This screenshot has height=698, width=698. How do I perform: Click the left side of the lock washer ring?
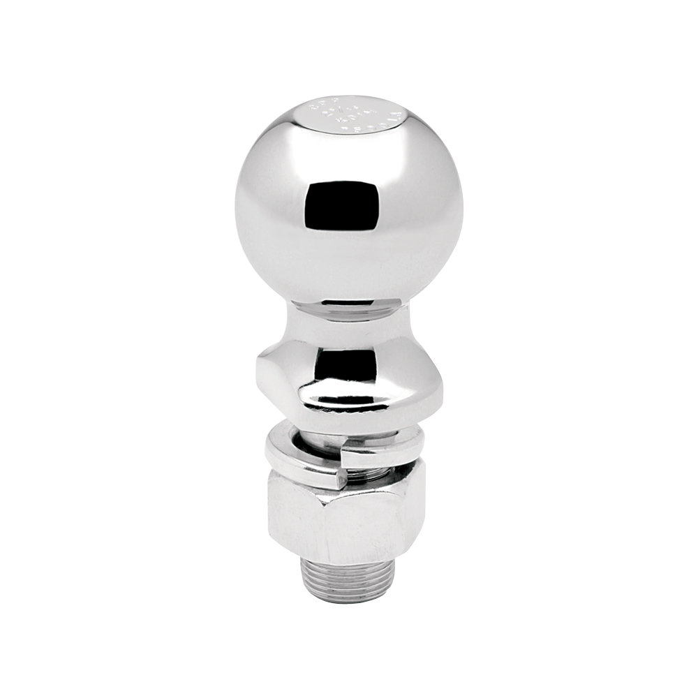click(x=272, y=454)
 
